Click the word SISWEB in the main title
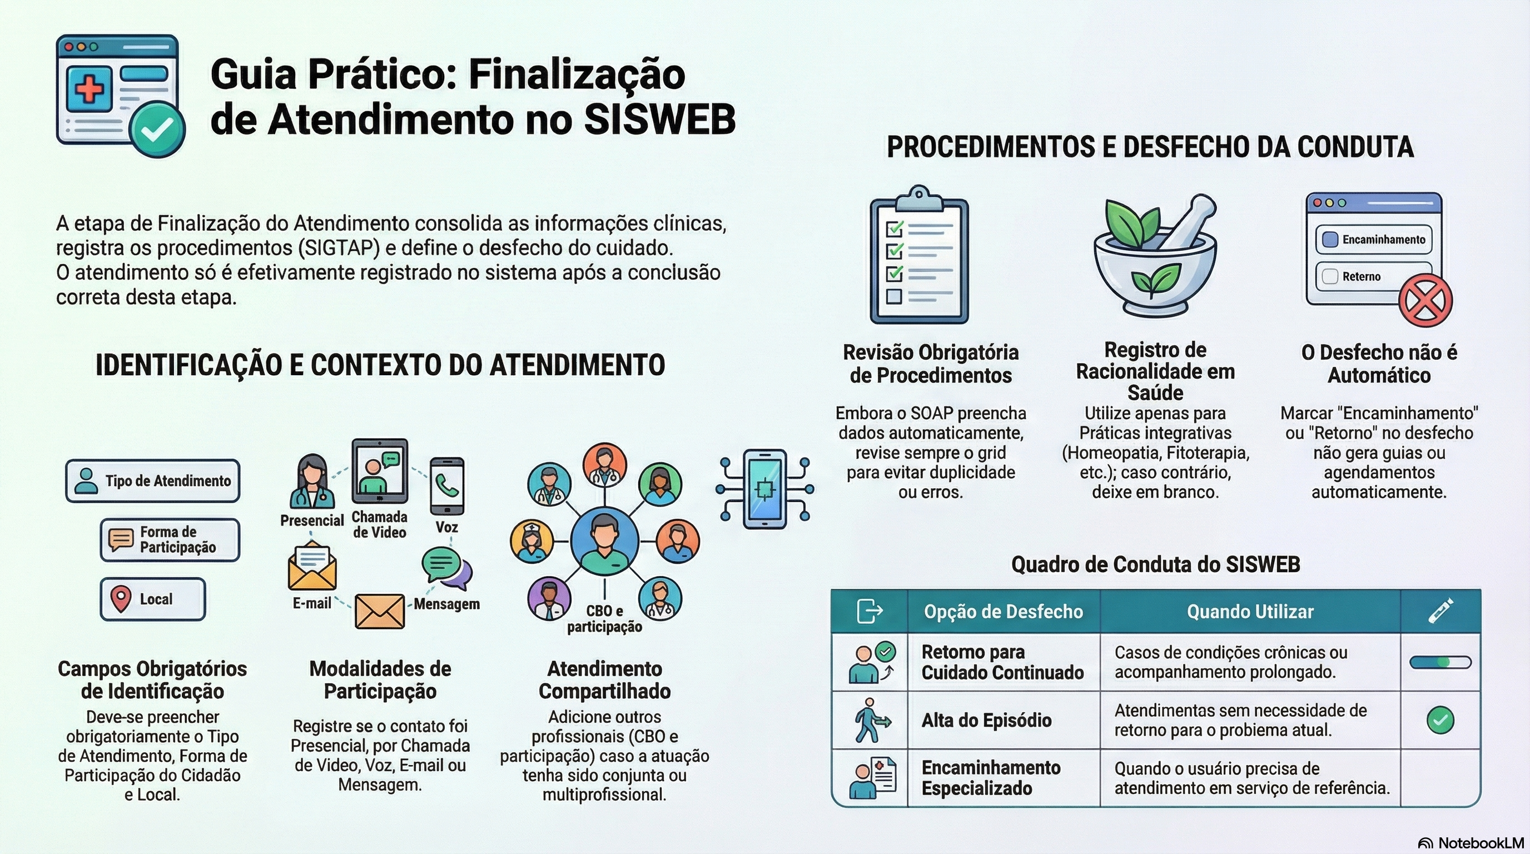pyautogui.click(x=660, y=120)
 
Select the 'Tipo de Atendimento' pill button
pyautogui.click(x=153, y=480)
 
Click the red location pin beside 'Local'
pyautogui.click(x=121, y=599)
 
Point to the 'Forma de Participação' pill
pyautogui.click(x=170, y=540)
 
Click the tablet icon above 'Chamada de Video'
pyautogui.click(x=380, y=471)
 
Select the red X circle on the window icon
pyautogui.click(x=1425, y=300)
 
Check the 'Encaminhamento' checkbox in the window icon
pyautogui.click(x=1330, y=239)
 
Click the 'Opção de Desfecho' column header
pyautogui.click(x=1003, y=611)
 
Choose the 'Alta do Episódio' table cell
pyautogui.click(x=1004, y=720)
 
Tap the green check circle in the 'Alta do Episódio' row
pyautogui.click(x=1440, y=721)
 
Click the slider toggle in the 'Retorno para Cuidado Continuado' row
pyautogui.click(x=1440, y=662)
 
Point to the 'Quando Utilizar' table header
pyautogui.click(x=1250, y=611)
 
